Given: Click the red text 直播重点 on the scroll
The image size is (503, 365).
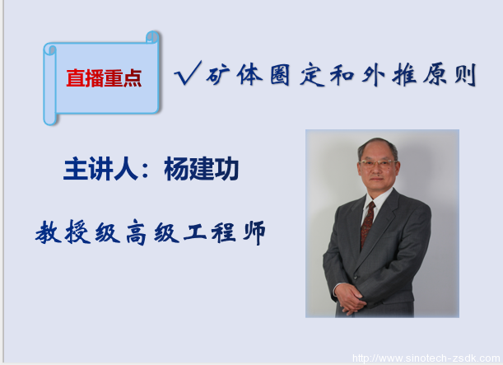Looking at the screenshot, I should [103, 78].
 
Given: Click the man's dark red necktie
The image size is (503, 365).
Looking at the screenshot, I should [367, 223].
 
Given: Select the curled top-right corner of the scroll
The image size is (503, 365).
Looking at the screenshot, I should [153, 38].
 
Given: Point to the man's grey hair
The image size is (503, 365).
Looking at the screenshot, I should [378, 146].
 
